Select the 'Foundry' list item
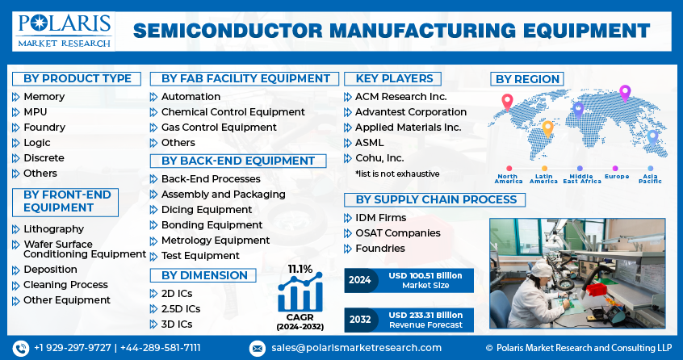pyautogui.click(x=44, y=128)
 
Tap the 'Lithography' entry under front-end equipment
pyautogui.click(x=53, y=229)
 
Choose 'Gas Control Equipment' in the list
pyautogui.click(x=218, y=128)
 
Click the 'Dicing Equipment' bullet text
pyautogui.click(x=206, y=210)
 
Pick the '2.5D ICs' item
pyautogui.click(x=181, y=309)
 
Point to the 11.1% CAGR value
pyautogui.click(x=300, y=268)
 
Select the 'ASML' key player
pyautogui.click(x=369, y=143)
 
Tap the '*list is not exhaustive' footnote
pyautogui.click(x=397, y=174)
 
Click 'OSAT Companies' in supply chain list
pyautogui.click(x=397, y=233)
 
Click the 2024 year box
pyautogui.click(x=360, y=280)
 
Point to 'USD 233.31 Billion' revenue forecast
pyautogui.click(x=425, y=315)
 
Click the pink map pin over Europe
pyautogui.click(x=624, y=93)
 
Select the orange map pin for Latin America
pyautogui.click(x=547, y=127)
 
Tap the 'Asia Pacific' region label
pyautogui.click(x=651, y=178)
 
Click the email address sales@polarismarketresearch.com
pyautogui.click(x=355, y=348)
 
